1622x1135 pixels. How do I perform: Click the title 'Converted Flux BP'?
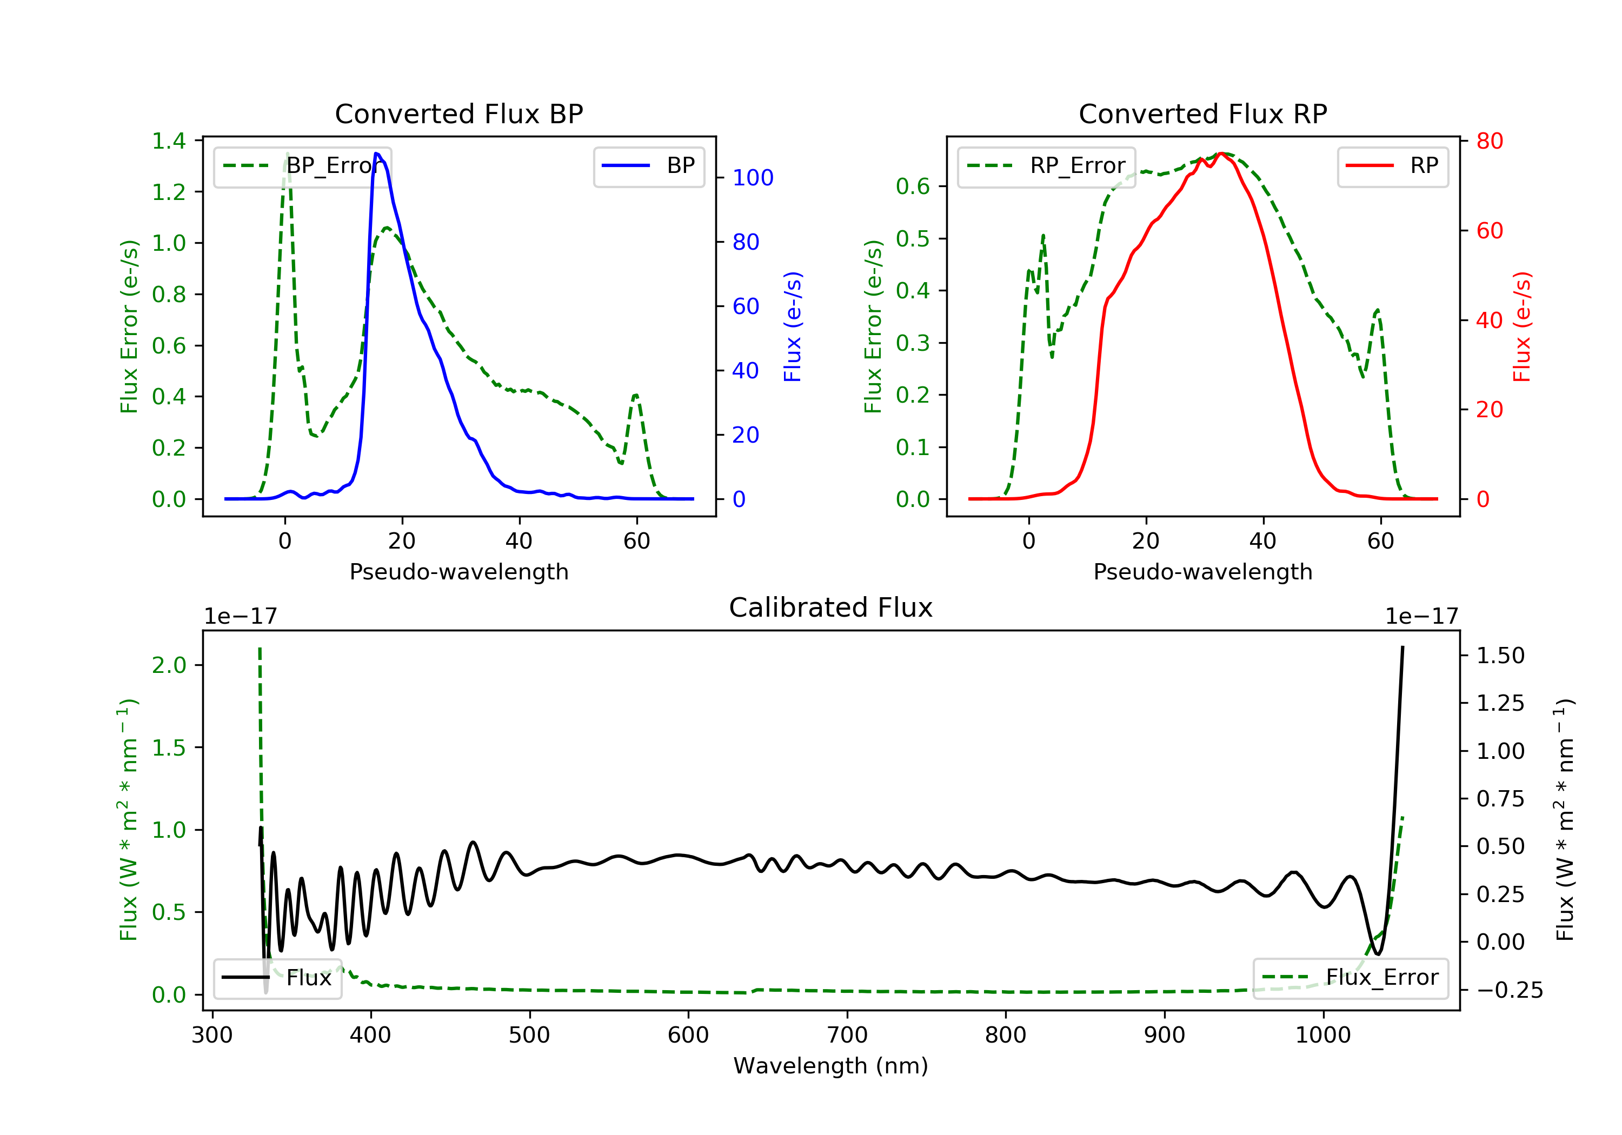point(458,113)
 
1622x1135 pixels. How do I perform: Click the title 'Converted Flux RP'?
point(1202,113)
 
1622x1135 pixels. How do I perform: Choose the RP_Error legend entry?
point(1046,166)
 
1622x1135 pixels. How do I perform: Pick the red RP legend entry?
point(1392,166)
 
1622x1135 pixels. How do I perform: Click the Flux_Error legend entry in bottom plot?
point(1350,978)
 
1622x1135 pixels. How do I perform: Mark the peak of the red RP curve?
point(1221,153)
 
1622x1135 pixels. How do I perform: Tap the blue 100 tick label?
point(753,178)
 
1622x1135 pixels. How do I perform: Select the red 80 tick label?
point(1489,141)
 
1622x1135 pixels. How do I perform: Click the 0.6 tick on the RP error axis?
point(913,186)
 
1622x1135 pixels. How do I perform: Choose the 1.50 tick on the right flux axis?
point(1500,656)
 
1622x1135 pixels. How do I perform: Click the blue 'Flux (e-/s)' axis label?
point(793,326)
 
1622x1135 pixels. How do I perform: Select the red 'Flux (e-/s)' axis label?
point(1521,326)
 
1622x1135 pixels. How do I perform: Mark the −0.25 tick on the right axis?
point(1509,990)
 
